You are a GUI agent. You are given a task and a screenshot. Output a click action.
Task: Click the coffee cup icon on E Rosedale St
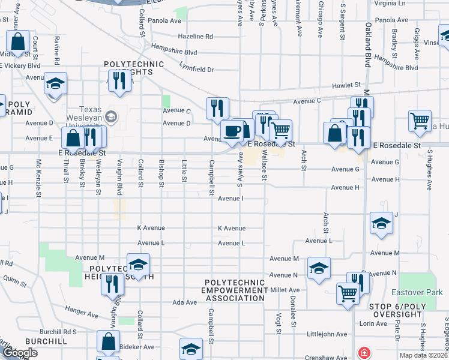(x=232, y=130)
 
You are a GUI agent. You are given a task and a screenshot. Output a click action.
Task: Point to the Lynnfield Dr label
(x=196, y=70)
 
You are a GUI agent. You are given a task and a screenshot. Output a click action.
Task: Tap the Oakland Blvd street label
(x=367, y=46)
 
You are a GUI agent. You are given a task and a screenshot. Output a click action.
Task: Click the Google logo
(x=20, y=353)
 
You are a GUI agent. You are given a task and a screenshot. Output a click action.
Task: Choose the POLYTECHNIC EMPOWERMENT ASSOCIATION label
(x=235, y=290)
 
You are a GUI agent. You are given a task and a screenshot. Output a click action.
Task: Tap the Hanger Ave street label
(x=82, y=313)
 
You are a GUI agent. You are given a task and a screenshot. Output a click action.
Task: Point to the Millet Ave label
(x=285, y=290)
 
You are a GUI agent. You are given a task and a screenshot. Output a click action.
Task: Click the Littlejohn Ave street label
(x=327, y=334)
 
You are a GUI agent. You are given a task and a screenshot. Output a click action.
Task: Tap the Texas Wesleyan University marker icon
(x=110, y=115)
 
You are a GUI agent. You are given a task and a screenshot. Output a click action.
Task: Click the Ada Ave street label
(x=181, y=302)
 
